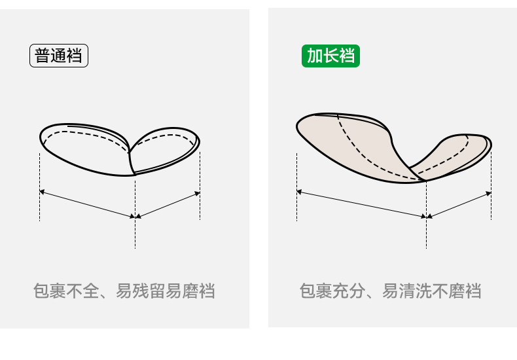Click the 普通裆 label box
click(x=59, y=56)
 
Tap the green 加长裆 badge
click(x=330, y=56)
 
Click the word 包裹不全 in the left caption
click(x=65, y=291)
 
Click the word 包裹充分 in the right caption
click(x=331, y=291)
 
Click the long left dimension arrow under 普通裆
click(x=87, y=204)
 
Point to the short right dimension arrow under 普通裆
click(x=168, y=204)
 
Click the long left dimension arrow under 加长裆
click(x=361, y=204)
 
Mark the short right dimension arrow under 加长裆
click(x=459, y=204)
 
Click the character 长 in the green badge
click(x=330, y=56)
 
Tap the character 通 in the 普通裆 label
click(x=59, y=56)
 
